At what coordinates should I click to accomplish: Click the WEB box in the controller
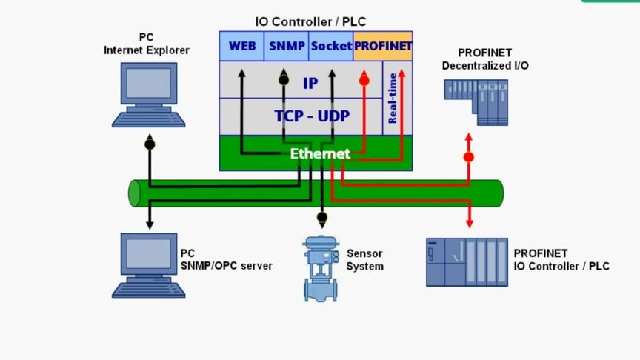(242, 46)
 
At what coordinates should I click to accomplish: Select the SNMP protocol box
(287, 46)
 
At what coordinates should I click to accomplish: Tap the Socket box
(331, 46)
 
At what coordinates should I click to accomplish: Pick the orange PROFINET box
(383, 46)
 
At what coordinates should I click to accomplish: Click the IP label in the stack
(310, 83)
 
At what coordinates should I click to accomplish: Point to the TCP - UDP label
(312, 116)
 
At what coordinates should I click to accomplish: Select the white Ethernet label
(320, 153)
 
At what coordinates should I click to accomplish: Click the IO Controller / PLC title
(310, 21)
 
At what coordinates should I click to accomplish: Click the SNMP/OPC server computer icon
(149, 263)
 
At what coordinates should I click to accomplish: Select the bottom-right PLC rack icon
(467, 261)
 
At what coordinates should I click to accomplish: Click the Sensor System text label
(365, 260)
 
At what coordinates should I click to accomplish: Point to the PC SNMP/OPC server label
(226, 260)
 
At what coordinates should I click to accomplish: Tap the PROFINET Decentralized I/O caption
(485, 59)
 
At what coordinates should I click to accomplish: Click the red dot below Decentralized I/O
(468, 157)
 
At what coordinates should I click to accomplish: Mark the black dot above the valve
(321, 218)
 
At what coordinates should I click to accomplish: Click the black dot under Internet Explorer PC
(149, 143)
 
